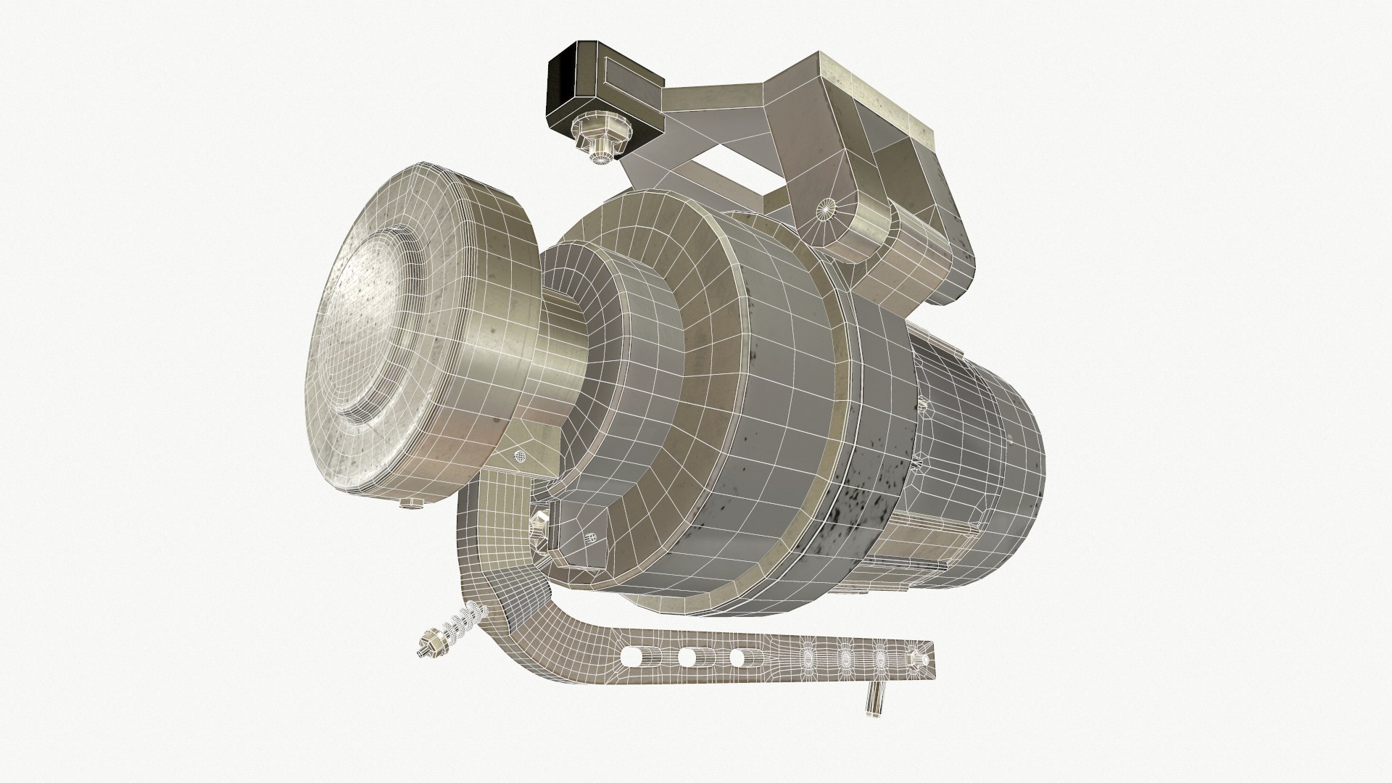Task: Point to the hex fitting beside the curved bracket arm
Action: (540, 520)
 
